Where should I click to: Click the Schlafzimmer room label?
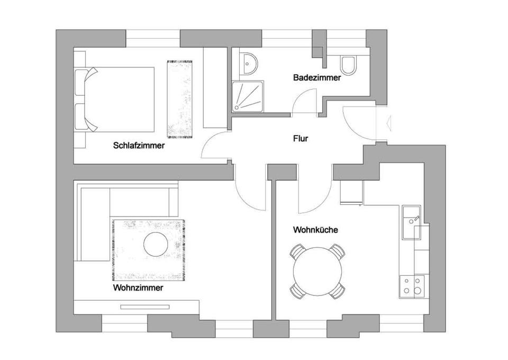pos(139,146)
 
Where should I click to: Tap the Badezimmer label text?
pos(317,78)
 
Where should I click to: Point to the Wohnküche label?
pos(315,230)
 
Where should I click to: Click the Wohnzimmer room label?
pos(138,288)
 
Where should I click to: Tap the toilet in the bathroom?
pos(349,65)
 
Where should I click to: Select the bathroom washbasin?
pos(248,63)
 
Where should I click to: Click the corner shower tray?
pos(248,96)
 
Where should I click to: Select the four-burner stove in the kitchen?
pos(412,286)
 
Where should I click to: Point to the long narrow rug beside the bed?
pos(180,99)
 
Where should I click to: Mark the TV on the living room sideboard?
pos(144,307)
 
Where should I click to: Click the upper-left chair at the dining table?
pos(298,251)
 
